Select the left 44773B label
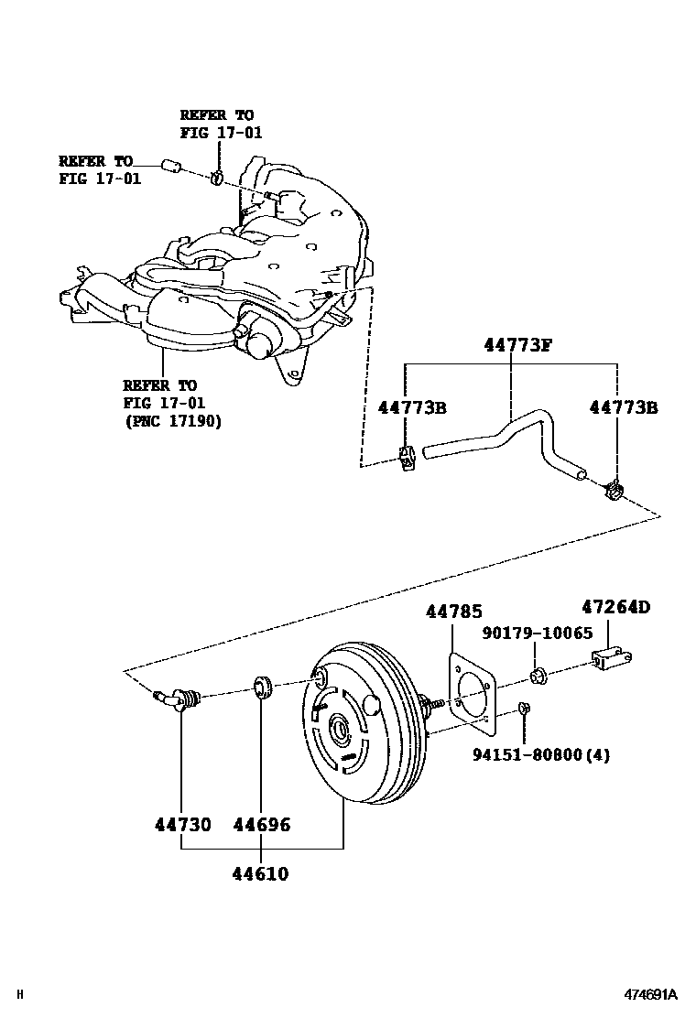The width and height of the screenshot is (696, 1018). tap(411, 407)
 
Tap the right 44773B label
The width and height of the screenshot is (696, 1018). tap(623, 407)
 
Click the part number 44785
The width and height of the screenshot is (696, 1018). tap(453, 612)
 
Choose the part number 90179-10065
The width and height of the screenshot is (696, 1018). tap(538, 633)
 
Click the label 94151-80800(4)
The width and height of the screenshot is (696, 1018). tap(541, 755)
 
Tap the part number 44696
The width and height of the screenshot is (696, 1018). tap(261, 825)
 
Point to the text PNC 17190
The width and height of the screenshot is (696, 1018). tap(172, 420)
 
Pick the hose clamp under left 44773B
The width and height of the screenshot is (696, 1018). tap(408, 456)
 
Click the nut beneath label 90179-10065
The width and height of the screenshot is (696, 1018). tap(538, 677)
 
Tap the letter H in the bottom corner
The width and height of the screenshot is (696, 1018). tap(20, 994)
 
